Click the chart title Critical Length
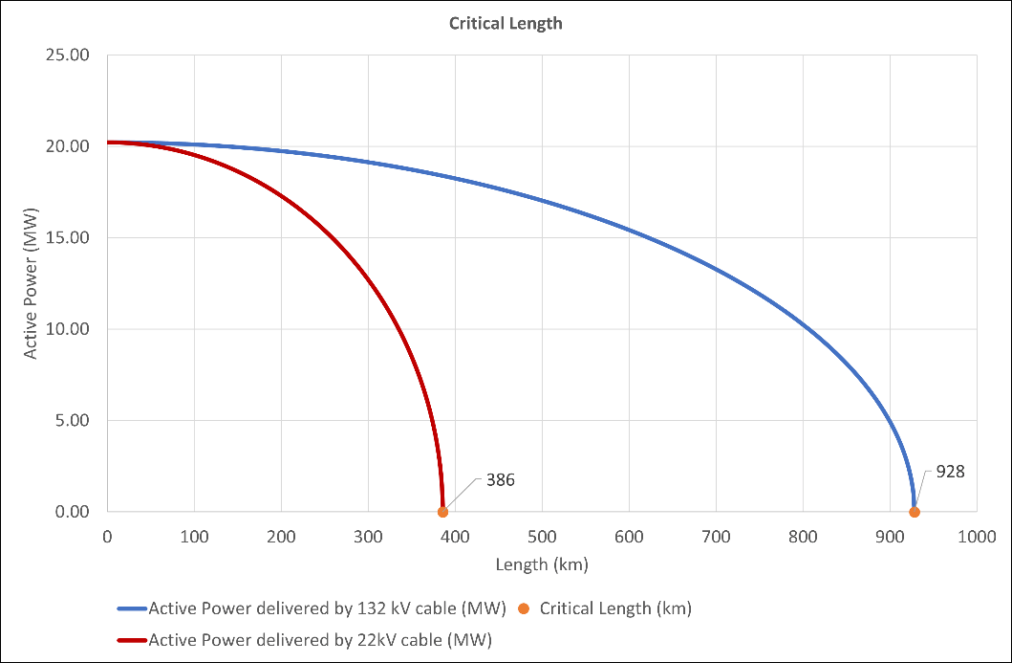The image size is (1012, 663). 506,24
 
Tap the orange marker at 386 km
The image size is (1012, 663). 442,512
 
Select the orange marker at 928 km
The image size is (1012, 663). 915,512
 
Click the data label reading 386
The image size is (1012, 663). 500,480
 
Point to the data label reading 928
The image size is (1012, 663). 950,471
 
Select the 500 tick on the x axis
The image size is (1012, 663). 542,538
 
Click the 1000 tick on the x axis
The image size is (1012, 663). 976,538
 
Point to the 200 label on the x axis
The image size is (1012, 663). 281,538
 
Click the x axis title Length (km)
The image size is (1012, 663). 542,564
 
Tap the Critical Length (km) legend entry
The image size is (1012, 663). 615,608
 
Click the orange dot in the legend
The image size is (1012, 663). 522,608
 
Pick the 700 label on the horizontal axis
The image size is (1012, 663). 716,538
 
